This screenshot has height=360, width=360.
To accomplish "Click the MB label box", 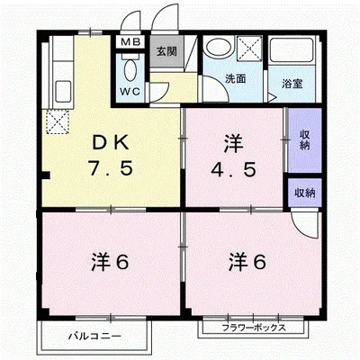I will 131,42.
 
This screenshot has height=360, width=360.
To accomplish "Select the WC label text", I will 131,90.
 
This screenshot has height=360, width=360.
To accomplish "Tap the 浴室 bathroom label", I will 292,83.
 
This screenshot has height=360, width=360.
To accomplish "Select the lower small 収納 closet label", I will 304,193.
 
